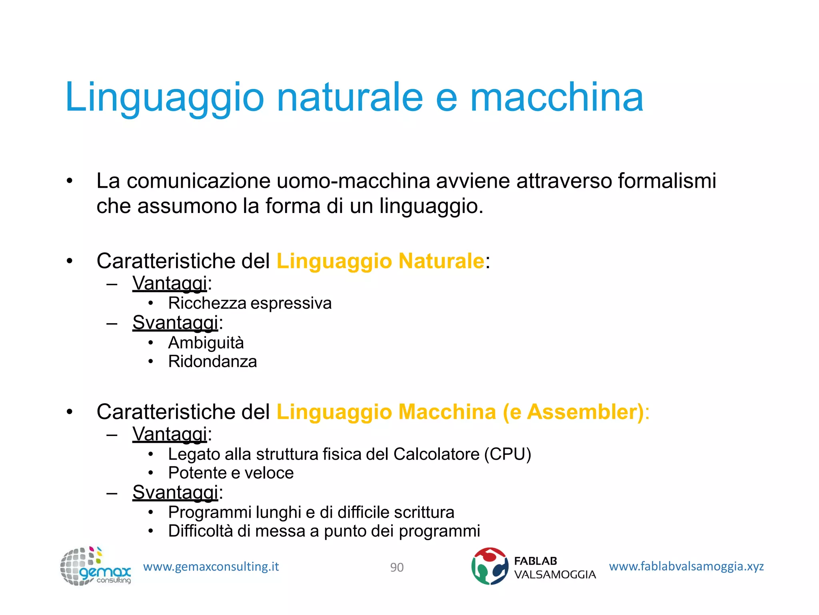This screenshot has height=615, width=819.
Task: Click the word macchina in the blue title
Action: point(556,97)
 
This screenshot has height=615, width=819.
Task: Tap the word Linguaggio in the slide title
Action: point(164,97)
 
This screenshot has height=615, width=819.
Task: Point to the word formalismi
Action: point(667,181)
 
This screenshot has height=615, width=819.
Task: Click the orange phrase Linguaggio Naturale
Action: point(380,261)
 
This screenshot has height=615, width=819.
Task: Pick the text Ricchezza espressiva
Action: point(250,303)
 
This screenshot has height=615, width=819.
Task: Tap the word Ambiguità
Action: point(206,343)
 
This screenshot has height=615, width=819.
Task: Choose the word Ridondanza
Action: point(212,362)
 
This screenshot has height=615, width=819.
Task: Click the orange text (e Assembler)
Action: point(573,412)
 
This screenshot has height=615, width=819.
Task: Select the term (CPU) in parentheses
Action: point(507,454)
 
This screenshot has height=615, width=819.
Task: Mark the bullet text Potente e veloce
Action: point(231,473)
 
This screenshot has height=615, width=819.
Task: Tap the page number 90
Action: point(397,567)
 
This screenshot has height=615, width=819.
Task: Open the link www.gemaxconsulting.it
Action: point(211,567)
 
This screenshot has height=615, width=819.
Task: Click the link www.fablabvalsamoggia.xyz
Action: point(686,566)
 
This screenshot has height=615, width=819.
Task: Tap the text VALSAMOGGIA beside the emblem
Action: point(555,575)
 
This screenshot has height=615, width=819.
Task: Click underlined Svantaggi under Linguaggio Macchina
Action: point(175,492)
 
